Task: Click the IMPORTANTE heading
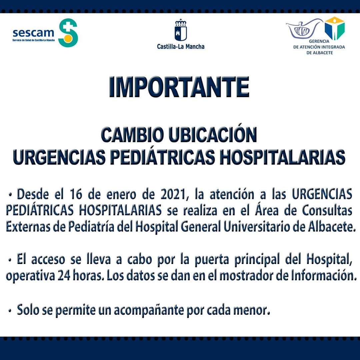(179, 87)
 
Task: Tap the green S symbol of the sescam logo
(68, 33)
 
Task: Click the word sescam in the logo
(33, 33)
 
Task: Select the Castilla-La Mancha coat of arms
(181, 30)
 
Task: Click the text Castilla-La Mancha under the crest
(181, 47)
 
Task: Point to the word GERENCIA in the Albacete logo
(319, 41)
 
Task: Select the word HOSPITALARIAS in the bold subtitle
(282, 157)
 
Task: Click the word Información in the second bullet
(324, 276)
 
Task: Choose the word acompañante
(149, 310)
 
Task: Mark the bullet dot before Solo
(10, 311)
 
